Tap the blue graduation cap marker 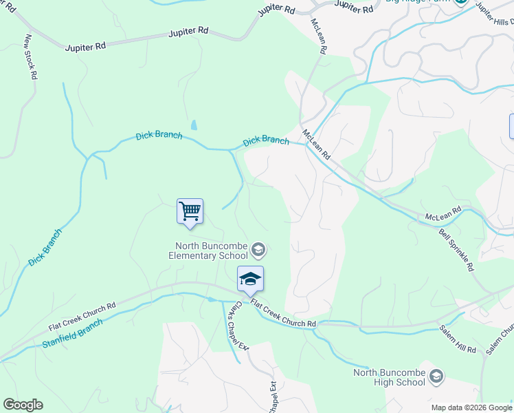click(251, 279)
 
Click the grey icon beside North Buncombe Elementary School click(258, 248)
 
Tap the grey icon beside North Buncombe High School click(436, 376)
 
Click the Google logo click(23, 404)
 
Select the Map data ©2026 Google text click(471, 407)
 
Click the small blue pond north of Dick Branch click(194, 125)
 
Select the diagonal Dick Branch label click(45, 247)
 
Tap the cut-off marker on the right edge click(511, 126)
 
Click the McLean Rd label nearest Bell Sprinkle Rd click(443, 214)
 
